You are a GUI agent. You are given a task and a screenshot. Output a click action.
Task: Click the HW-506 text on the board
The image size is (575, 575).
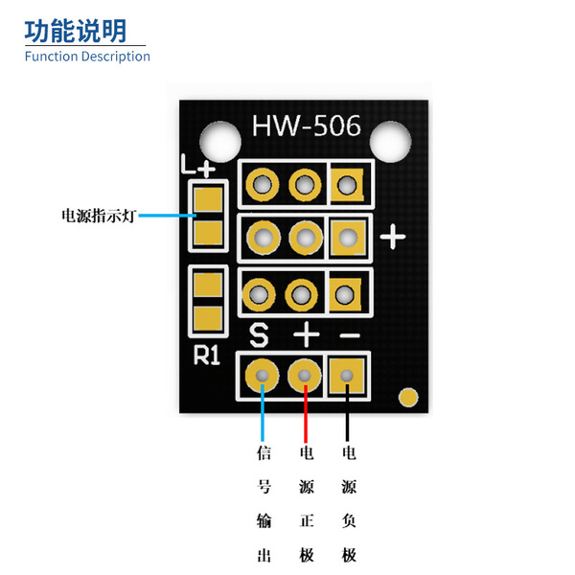tap(307, 126)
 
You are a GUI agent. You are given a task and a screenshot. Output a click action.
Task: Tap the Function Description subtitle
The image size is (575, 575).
tap(87, 57)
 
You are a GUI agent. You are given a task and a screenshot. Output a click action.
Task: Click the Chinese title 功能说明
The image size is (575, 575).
tap(76, 32)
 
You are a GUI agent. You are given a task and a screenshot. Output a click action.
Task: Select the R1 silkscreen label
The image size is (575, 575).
tap(207, 355)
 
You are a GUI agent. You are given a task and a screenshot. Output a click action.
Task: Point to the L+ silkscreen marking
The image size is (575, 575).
tap(198, 166)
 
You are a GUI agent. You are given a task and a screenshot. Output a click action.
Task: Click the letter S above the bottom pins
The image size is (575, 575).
tap(259, 334)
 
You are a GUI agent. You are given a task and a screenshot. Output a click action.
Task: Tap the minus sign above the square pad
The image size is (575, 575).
tap(350, 334)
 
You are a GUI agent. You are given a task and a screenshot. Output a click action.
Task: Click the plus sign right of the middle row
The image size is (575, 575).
tap(393, 237)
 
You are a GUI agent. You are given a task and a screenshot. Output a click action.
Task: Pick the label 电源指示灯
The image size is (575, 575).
tap(99, 216)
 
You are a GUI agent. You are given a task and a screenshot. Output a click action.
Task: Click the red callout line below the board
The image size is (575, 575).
tap(305, 413)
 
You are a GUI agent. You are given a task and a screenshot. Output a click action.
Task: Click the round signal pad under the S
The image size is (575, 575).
tap(262, 376)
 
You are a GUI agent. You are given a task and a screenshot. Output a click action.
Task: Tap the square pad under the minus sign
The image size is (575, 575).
tap(347, 376)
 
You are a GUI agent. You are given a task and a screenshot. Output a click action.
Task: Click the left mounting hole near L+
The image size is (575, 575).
tap(220, 142)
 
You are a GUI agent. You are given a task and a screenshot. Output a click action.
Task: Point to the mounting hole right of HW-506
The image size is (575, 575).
tap(391, 142)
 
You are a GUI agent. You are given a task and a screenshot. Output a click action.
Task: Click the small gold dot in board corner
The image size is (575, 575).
tap(408, 397)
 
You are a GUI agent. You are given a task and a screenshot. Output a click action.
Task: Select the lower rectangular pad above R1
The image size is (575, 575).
tap(208, 318)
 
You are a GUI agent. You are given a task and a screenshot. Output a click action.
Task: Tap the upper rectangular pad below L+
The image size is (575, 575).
tap(208, 199)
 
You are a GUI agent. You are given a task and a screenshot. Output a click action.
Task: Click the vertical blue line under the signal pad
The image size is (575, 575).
tap(263, 412)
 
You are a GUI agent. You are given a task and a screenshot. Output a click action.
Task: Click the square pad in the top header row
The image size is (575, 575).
tap(347, 185)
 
